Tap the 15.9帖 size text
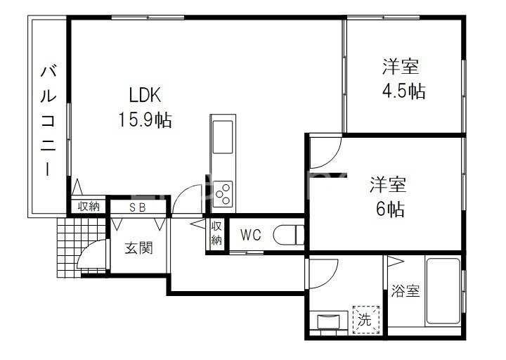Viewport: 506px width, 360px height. (x=145, y=119)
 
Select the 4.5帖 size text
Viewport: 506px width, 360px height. (x=403, y=91)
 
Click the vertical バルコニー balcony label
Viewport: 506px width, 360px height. (x=48, y=120)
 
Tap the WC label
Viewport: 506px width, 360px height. (x=251, y=235)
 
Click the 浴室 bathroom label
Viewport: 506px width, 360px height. (x=406, y=290)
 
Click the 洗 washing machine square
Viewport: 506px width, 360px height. (x=364, y=318)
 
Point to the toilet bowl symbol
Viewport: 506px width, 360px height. (x=288, y=233)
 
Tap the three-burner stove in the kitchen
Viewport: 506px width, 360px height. (x=224, y=192)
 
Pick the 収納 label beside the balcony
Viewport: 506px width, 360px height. (x=89, y=207)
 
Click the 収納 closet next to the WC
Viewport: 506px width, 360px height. (x=216, y=233)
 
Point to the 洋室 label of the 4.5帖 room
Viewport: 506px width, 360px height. (x=401, y=68)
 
